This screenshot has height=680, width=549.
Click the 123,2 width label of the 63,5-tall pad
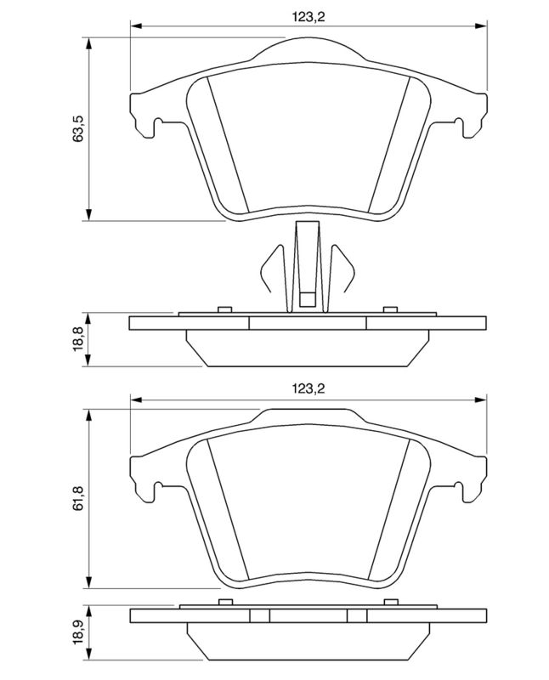click(x=309, y=15)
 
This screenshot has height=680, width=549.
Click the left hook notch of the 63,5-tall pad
click(x=156, y=127)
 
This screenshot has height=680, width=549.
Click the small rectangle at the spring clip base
click(x=308, y=298)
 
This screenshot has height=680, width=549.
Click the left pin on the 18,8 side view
click(x=225, y=309)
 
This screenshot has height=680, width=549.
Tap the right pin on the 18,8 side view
click(x=390, y=309)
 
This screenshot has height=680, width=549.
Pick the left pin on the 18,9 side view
click(x=225, y=603)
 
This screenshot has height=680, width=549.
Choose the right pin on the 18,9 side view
click(x=390, y=603)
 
